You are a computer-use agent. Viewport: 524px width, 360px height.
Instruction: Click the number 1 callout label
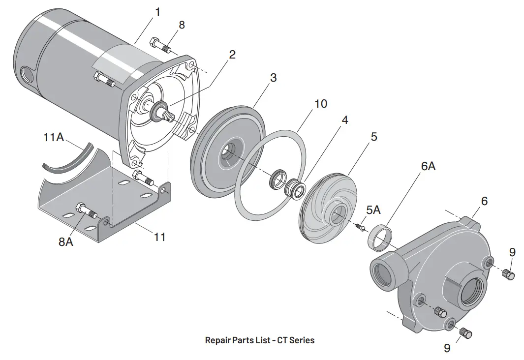point(157,11)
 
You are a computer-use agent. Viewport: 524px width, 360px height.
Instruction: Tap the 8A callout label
point(66,241)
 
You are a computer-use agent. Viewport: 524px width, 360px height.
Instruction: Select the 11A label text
point(54,137)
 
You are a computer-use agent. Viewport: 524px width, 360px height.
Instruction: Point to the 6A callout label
point(428,166)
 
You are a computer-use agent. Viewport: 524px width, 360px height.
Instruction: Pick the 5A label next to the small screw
point(373,210)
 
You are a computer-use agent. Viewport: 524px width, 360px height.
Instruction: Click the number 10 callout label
point(320,104)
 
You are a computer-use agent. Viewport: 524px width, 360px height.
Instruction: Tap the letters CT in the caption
point(283,340)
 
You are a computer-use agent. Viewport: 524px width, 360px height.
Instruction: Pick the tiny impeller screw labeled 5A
point(361,227)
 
